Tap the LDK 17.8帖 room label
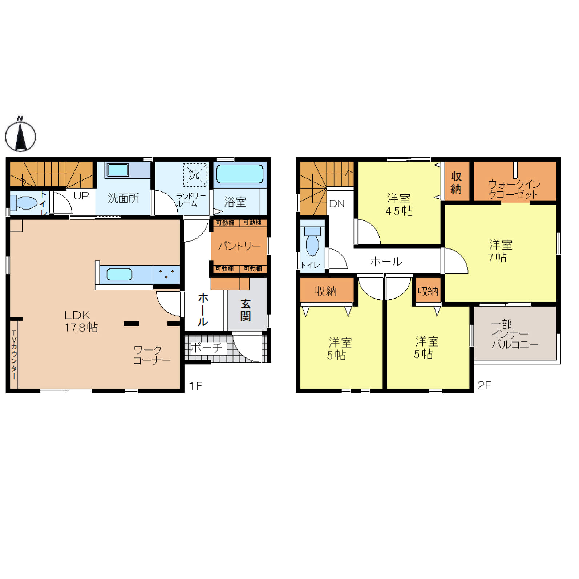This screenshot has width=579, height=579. pos(81,321)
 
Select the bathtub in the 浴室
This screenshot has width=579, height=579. pos(240,174)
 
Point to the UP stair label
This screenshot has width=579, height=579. pos(81,196)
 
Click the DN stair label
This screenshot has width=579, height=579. pos(337,204)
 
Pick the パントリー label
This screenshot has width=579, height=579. pos(239,246)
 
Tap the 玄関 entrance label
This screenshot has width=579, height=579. pos(246,310)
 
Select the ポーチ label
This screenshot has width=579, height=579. pos(206,348)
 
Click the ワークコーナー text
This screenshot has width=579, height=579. pos(151,355)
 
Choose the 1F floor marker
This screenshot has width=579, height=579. pos(195,386)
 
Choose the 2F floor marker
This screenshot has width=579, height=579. pos(484,385)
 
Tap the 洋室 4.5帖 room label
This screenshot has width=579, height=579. pos(399,205)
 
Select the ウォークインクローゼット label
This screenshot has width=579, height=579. pos(514,189)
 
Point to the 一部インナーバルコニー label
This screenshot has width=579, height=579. pos(514,334)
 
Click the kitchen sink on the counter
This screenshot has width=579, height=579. pos(120,274)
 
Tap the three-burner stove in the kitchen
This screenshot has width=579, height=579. pos(166,274)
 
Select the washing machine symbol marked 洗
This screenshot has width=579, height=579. pos(195,175)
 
